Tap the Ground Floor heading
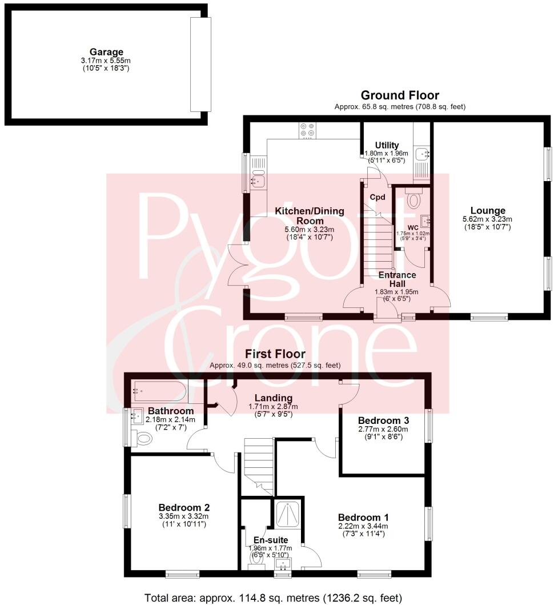click(399, 95)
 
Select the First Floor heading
click(275, 354)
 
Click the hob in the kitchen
click(307, 131)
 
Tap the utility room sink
click(423, 153)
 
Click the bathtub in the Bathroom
click(158, 391)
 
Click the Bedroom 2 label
click(184, 507)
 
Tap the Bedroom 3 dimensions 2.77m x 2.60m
click(383, 429)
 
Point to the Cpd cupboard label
click(378, 197)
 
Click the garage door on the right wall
click(200, 64)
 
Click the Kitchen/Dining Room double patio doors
click(236, 267)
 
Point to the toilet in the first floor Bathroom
click(144, 439)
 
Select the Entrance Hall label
click(398, 279)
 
